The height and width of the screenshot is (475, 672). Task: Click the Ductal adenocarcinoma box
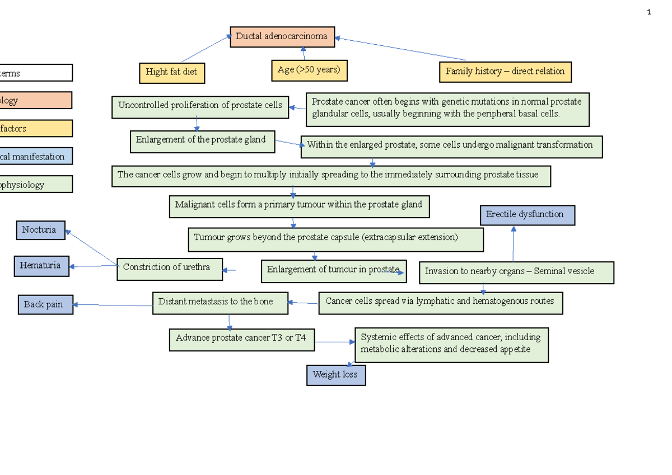282,37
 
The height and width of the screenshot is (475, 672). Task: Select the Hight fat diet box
171,72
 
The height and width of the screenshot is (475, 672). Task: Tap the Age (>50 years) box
309,70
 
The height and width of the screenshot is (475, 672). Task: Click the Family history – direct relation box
505,72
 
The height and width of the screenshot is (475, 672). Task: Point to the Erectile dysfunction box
527,215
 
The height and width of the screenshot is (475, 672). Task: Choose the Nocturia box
40,230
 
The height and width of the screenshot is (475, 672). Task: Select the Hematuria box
41,266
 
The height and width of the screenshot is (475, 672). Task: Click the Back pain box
45,305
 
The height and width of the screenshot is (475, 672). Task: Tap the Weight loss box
335,375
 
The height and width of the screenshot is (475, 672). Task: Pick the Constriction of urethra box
169,269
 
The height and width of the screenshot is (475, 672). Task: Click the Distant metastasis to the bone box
220,302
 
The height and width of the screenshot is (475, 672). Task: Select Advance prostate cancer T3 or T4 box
241,338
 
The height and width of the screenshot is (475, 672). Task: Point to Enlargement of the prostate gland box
202,141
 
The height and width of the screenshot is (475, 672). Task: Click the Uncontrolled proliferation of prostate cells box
200,106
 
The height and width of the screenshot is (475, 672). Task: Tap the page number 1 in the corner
648,12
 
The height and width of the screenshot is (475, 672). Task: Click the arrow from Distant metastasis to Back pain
112,305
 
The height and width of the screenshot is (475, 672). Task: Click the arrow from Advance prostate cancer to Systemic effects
334,342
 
